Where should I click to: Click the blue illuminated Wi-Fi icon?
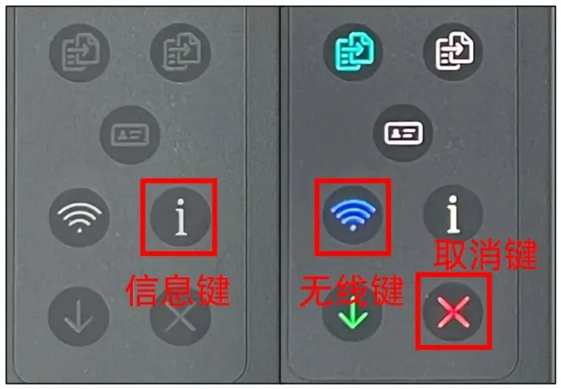click(x=353, y=216)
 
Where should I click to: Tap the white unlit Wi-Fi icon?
click(x=79, y=217)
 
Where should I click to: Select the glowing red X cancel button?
click(x=453, y=311)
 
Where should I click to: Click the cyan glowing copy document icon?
click(x=353, y=52)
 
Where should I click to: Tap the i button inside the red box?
click(x=180, y=217)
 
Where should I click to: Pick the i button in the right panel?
click(x=453, y=214)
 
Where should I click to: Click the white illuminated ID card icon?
click(x=403, y=133)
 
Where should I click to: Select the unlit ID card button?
click(x=130, y=135)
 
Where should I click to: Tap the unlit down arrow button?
click(x=79, y=317)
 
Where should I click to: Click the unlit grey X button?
click(x=180, y=317)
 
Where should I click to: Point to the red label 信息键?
click(x=178, y=290)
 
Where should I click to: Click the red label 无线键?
click(x=351, y=290)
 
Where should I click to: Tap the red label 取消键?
click(x=486, y=254)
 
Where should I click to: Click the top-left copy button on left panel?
click(x=79, y=53)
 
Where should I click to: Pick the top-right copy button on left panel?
click(x=180, y=53)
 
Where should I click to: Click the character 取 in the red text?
click(x=450, y=254)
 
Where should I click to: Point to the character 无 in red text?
click(x=316, y=290)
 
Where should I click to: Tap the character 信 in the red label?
click(x=142, y=290)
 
